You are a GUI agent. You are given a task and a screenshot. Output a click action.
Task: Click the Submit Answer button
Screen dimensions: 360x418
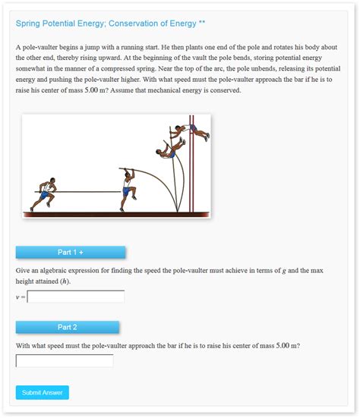(42, 392)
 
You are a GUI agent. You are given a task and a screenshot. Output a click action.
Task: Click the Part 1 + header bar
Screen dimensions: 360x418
(71, 252)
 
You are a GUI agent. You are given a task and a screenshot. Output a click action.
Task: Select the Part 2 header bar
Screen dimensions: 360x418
(68, 327)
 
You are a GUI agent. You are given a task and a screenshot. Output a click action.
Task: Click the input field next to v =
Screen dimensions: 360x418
(75, 297)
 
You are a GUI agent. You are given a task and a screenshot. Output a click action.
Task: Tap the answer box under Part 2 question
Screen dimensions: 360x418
(65, 361)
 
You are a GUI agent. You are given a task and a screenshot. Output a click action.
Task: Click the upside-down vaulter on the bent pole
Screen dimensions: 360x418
(169, 149)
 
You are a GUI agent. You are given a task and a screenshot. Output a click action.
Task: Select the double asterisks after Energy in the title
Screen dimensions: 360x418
(201, 24)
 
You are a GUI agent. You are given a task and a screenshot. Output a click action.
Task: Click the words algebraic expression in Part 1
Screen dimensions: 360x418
(76, 271)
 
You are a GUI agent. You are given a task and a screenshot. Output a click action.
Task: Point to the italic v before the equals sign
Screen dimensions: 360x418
(17, 297)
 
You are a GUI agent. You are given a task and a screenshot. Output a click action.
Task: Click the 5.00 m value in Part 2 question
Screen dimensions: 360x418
(284, 346)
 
